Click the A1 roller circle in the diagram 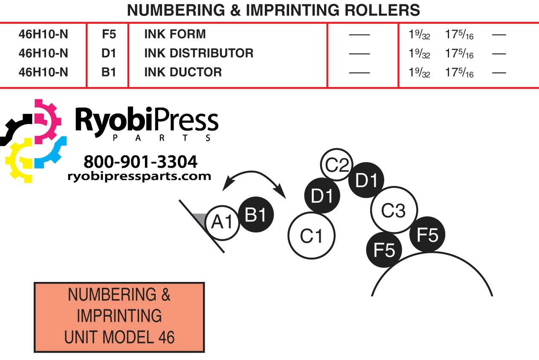pyautogui.click(x=222, y=223)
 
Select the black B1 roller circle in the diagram pyautogui.click(x=256, y=215)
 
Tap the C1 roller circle pyautogui.click(x=311, y=235)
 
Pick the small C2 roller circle pyautogui.click(x=336, y=165)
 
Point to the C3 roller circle pyautogui.click(x=394, y=210)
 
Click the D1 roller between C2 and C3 pyautogui.click(x=366, y=180)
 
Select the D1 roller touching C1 pyautogui.click(x=322, y=195)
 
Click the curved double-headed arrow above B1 pyautogui.click(x=252, y=171)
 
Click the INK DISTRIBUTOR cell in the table pyautogui.click(x=199, y=53)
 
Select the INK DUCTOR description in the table pyautogui.click(x=183, y=72)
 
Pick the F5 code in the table pyautogui.click(x=109, y=34)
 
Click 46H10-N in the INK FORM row pyautogui.click(x=43, y=34)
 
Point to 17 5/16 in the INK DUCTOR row pyautogui.click(x=459, y=73)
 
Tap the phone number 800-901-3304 pyautogui.click(x=141, y=162)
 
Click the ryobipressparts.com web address pyautogui.click(x=139, y=177)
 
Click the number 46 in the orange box pyautogui.click(x=166, y=337)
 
